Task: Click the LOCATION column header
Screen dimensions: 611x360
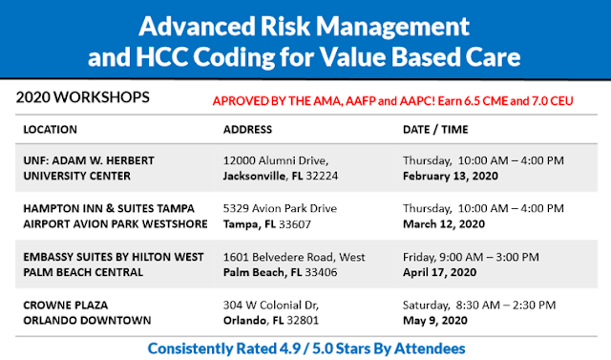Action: pyautogui.click(x=51, y=129)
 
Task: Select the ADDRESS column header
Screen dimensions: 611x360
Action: pyautogui.click(x=247, y=129)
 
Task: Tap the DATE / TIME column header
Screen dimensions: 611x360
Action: pyautogui.click(x=435, y=129)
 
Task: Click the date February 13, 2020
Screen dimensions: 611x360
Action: pyautogui.click(x=451, y=176)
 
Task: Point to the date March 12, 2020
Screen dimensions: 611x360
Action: pyautogui.click(x=444, y=224)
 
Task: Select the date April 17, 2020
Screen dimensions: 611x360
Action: pyautogui.click(x=439, y=272)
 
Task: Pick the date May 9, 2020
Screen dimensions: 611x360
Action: pyautogui.click(x=435, y=320)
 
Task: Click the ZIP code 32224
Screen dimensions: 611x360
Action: pyautogui.click(x=322, y=176)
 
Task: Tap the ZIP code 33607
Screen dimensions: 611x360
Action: pyautogui.click(x=295, y=224)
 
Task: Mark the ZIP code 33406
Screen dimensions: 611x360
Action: pyautogui.click(x=321, y=272)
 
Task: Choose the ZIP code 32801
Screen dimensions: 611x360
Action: pyautogui.click(x=303, y=320)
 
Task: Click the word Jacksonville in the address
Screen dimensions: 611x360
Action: pyautogui.click(x=254, y=176)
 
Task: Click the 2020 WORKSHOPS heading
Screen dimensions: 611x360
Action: pyautogui.click(x=83, y=97)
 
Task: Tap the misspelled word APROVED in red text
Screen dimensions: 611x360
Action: pyautogui.click(x=241, y=101)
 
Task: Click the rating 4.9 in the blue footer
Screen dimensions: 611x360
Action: pyautogui.click(x=290, y=349)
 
